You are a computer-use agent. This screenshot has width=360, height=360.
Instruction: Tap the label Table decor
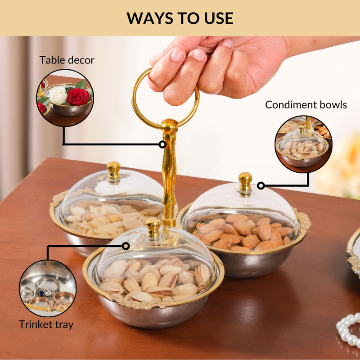(67, 60)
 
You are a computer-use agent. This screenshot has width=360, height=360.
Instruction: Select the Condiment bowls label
(306, 105)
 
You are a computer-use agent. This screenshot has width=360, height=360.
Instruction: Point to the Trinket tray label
(46, 324)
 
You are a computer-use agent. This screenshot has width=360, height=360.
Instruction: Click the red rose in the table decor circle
(77, 96)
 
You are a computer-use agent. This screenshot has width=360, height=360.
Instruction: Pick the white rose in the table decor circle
(58, 94)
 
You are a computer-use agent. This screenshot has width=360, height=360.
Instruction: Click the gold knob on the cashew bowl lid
(114, 171)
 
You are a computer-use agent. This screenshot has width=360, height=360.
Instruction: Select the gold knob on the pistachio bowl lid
(153, 228)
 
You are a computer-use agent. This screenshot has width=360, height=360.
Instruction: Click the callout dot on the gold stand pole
(162, 144)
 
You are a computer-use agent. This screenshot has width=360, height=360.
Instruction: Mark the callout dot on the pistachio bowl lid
(126, 246)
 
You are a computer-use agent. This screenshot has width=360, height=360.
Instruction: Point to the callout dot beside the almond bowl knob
(261, 185)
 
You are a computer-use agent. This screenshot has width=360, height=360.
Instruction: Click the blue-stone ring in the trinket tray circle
(47, 287)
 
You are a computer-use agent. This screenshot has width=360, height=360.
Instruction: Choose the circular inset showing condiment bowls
(303, 144)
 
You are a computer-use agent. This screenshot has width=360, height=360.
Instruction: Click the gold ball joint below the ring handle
(169, 126)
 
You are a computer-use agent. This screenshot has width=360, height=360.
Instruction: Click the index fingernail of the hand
(177, 55)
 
